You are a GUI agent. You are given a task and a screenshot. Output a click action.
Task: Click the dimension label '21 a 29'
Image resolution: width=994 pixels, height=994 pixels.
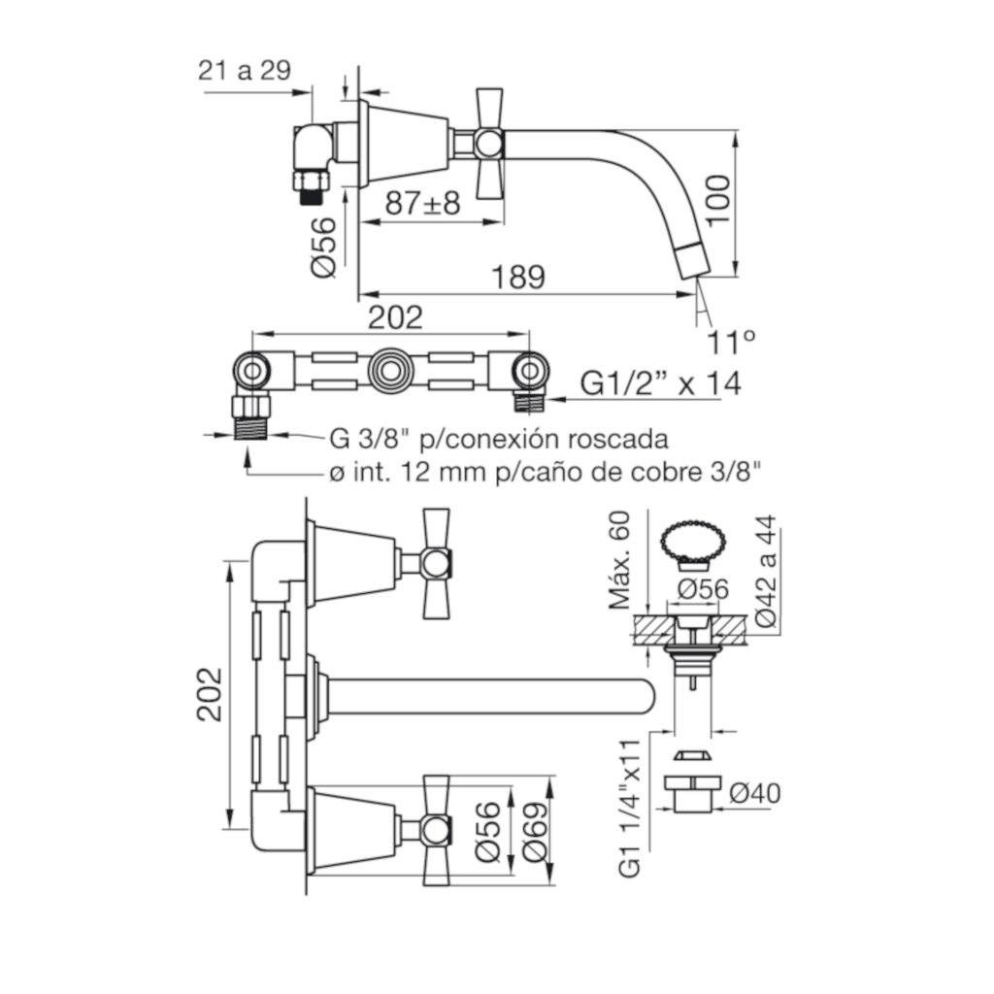pos(244,70)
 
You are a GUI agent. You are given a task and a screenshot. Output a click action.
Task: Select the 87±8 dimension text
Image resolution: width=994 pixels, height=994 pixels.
pos(423,204)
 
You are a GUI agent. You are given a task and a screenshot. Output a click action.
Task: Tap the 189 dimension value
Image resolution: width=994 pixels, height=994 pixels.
pos(518,277)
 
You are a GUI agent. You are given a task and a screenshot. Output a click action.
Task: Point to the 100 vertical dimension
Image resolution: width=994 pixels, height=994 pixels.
pos(718,200)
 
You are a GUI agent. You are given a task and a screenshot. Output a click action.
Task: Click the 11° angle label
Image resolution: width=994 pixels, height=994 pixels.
pos(731,343)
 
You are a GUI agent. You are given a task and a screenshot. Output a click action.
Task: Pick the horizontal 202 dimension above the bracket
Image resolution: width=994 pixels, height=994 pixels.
pos(395,317)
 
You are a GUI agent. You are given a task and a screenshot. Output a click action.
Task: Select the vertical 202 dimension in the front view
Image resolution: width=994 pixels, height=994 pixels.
pos(210,694)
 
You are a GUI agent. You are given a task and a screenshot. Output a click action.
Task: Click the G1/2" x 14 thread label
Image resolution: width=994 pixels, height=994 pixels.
pos(660,383)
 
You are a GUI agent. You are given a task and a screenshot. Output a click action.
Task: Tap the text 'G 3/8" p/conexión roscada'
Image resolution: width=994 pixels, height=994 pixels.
pos(498,439)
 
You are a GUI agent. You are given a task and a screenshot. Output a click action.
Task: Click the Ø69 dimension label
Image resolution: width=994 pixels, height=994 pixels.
pos(535,832)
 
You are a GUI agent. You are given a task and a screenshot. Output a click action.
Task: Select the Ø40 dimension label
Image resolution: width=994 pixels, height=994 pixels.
pos(755,793)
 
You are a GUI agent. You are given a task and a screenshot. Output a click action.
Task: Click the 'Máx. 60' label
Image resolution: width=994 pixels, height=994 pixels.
pos(620,560)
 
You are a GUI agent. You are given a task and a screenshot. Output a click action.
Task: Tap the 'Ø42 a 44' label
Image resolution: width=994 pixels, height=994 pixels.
pos(766,571)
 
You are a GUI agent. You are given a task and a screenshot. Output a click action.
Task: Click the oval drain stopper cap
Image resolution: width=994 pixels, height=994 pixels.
pos(693,542)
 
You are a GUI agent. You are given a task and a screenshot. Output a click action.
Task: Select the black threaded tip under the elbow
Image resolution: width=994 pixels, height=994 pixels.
pos(310,196)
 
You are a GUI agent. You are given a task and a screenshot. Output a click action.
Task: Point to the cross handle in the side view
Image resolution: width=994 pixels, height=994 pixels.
pos(489,143)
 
